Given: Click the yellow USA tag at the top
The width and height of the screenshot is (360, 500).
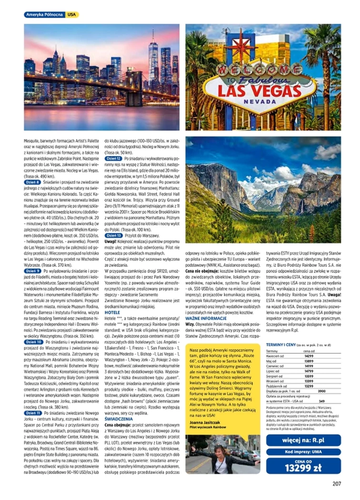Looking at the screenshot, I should click(72, 14).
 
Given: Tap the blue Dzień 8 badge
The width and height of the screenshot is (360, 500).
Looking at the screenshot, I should click(33, 182).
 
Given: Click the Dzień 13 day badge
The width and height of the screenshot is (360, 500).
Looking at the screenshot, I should click(113, 235).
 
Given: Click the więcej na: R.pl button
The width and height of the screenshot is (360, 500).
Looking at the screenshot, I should click(303, 440).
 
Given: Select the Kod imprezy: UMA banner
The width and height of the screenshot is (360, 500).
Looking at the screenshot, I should click(303, 451).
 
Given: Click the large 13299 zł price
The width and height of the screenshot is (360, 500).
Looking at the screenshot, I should click(303, 468).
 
